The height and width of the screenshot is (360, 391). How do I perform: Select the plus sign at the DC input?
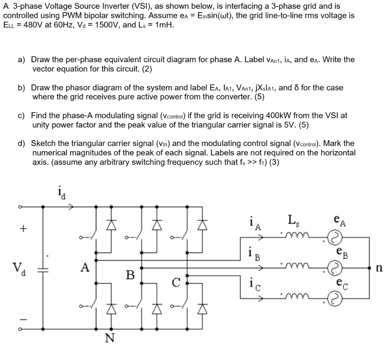[x=24, y=229]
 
